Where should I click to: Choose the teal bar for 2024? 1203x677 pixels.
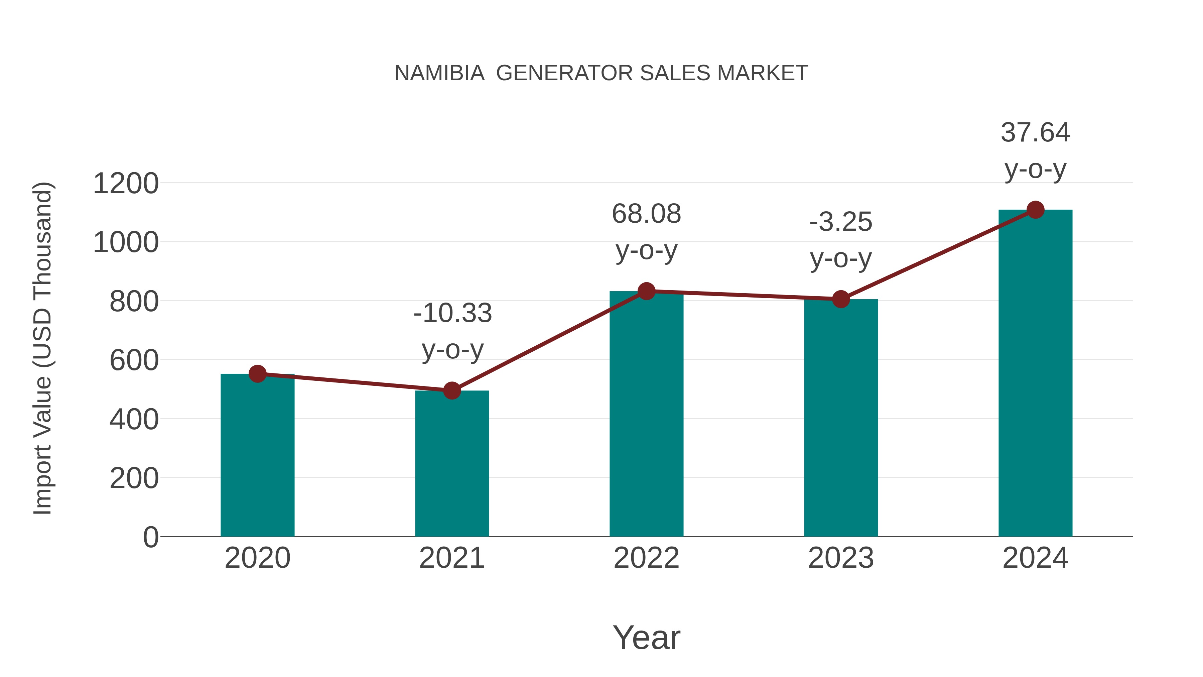1035,373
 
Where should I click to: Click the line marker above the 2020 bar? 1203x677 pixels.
257,374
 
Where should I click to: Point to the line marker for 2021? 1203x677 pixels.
451,390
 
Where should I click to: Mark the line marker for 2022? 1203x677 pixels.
646,291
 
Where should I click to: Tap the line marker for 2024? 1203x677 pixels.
1035,210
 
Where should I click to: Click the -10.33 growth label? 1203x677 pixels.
452,313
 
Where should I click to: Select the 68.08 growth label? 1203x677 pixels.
646,214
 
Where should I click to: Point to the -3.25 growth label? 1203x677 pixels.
841,222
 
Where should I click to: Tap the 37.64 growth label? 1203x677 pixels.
1035,133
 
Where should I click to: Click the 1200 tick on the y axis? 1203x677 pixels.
126,184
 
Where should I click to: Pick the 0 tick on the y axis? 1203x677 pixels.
150,537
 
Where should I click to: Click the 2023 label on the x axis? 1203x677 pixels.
841,558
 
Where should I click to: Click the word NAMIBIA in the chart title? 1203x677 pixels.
439,73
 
